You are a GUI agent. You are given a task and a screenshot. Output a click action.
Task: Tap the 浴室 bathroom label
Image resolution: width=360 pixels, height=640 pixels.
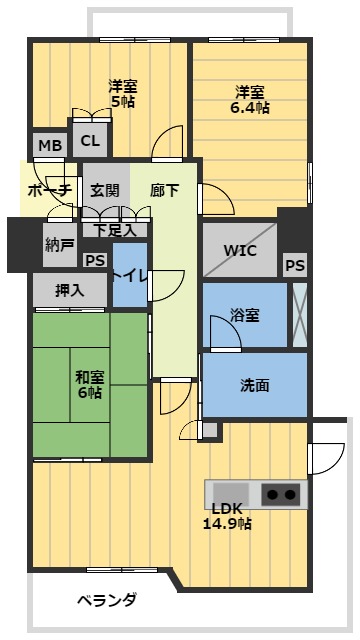coord(244,315)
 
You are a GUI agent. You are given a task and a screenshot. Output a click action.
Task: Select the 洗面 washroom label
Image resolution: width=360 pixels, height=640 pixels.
coord(254,384)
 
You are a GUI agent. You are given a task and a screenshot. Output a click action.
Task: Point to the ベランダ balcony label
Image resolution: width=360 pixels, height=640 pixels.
coord(106,601)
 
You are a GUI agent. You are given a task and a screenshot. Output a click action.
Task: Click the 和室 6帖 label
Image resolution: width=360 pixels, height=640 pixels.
coord(88,385)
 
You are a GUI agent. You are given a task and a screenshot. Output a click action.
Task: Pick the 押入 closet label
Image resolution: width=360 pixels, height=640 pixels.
coord(69,291)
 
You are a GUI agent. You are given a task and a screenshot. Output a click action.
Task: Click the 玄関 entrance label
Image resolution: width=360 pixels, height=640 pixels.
coord(104,190)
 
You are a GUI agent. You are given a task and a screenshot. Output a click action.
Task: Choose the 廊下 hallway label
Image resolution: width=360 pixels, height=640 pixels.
coord(164,190)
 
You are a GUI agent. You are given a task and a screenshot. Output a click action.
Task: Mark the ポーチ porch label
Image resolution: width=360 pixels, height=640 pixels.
coord(48,190)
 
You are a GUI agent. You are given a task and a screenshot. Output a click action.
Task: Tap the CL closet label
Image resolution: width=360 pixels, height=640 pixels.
coord(90,142)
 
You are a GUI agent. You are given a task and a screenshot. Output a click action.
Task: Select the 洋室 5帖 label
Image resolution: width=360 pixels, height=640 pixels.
coord(122,93)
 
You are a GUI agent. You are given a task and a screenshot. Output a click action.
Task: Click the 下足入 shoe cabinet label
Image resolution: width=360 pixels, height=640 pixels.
coord(115,229)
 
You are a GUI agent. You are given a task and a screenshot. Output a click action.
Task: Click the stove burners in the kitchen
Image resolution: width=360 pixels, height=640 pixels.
coord(281,494)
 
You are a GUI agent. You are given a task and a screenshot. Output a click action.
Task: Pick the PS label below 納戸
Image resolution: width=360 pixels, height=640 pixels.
coord(96,260)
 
